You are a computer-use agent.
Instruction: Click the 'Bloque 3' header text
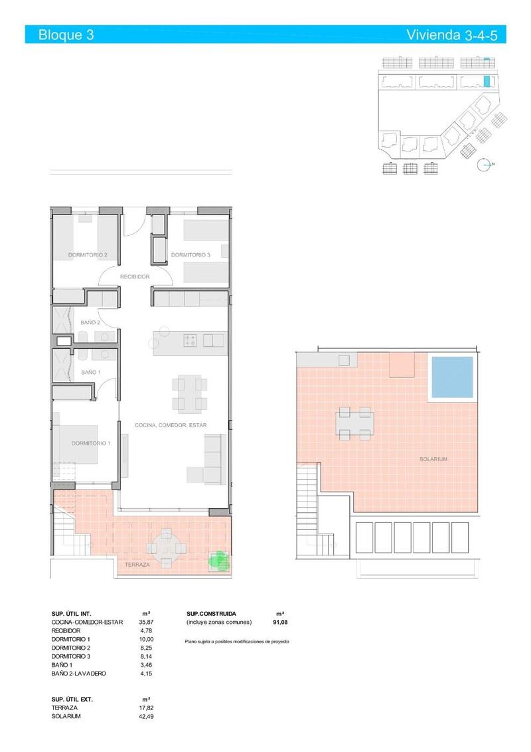point(66,35)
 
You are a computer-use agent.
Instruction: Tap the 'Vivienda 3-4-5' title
point(451,35)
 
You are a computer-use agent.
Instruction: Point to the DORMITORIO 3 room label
point(190,254)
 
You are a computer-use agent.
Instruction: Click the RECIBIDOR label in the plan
point(134,276)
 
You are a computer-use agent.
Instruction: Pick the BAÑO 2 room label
point(90,323)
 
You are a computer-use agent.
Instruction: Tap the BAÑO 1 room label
point(91,373)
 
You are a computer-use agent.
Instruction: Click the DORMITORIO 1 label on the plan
point(91,443)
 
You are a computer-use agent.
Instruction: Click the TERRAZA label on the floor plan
point(137,565)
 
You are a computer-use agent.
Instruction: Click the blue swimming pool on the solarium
point(452,377)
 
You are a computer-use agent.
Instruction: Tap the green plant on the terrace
point(218,561)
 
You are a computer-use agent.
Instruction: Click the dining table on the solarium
point(354,422)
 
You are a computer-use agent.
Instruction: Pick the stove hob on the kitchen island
point(190,341)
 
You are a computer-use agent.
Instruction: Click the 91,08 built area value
point(279,622)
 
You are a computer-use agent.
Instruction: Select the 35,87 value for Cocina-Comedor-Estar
point(146,622)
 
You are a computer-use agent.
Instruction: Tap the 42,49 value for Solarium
point(146,716)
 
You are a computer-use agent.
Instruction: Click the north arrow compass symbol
point(487,164)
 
